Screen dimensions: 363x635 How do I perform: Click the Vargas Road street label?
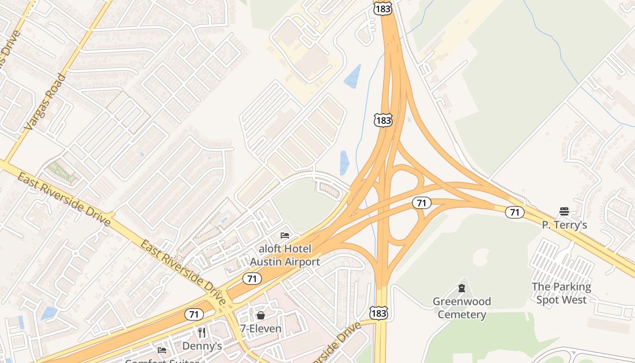coord(44,103)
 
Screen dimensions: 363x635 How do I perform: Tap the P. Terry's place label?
coord(564,225)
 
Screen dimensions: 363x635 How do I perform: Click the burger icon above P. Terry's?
coord(564,211)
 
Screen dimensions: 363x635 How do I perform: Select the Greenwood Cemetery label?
coord(462,308)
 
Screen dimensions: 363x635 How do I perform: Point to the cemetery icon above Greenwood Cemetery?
coord(462,288)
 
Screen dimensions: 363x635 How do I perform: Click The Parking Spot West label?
coord(562,293)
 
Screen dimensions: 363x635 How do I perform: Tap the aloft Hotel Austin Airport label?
coord(285,255)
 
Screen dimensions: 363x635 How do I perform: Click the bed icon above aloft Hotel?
coord(285,235)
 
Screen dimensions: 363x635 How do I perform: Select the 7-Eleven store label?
coord(261,329)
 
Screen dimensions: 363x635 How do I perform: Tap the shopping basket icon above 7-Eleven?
coord(261,315)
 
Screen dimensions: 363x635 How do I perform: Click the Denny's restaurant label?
coord(202,346)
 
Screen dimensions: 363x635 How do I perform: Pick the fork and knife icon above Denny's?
coord(202,333)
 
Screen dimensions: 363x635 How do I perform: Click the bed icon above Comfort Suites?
coord(161,350)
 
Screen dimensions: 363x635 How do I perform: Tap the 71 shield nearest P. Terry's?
coord(514,212)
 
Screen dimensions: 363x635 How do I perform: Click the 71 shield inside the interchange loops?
coord(421,203)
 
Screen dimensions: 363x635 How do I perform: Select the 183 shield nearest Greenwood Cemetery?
coord(379,313)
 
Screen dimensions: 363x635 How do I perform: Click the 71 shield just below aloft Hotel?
coord(252,278)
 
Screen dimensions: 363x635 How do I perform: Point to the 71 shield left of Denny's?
coord(194,314)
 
